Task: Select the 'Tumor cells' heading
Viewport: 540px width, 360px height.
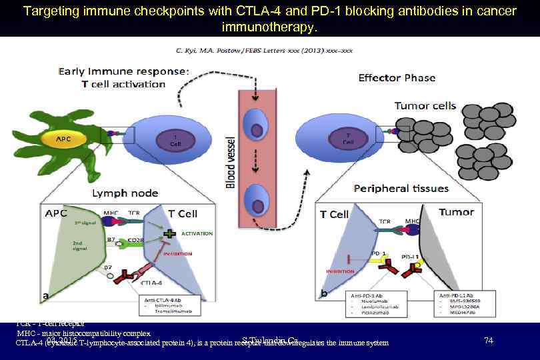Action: (425, 105)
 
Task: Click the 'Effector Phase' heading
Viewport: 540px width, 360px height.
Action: (397, 77)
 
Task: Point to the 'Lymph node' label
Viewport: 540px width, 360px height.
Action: (125, 193)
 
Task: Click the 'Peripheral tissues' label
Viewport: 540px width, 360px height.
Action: (401, 189)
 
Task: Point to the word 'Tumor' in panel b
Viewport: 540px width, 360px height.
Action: (456, 212)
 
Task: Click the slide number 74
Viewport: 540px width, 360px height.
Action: (489, 341)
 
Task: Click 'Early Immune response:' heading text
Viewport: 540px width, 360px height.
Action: (123, 71)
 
